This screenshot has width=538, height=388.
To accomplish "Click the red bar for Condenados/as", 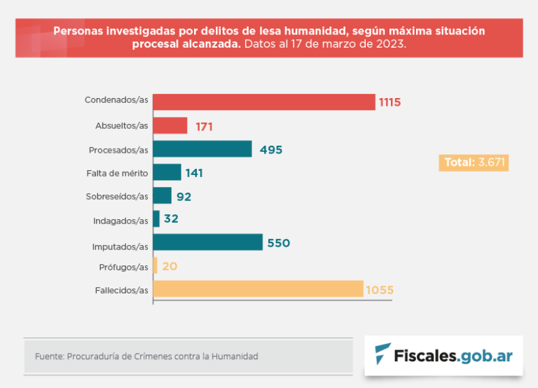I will pyautogui.click(x=263, y=102).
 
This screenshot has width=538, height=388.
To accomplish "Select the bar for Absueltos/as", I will pyautogui.click(x=170, y=126).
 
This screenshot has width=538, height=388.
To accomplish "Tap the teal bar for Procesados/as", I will pyautogui.click(x=202, y=149).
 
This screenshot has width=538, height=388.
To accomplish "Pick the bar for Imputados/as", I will pyautogui.click(x=207, y=243).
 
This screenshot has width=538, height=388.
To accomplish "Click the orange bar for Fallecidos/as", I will pyautogui.click(x=258, y=289).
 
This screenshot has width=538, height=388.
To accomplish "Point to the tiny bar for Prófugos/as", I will pyautogui.click(x=155, y=266).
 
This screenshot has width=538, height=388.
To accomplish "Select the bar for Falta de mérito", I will pyautogui.click(x=167, y=172).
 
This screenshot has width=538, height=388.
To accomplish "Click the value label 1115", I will pyautogui.click(x=389, y=102).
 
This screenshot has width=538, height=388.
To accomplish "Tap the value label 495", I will pyautogui.click(x=270, y=150).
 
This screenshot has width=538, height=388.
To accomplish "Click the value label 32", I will pyautogui.click(x=171, y=219).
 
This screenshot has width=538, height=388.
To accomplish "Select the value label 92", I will pyautogui.click(x=184, y=197).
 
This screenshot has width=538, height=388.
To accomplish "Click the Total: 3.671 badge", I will pyautogui.click(x=473, y=162).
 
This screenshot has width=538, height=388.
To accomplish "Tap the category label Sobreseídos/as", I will pyautogui.click(x=117, y=197).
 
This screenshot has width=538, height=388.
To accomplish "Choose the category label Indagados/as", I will pyautogui.click(x=120, y=221).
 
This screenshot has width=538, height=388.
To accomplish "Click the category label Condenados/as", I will pyautogui.click(x=116, y=100).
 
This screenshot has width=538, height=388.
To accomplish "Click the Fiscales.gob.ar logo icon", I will pyautogui.click(x=382, y=354).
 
